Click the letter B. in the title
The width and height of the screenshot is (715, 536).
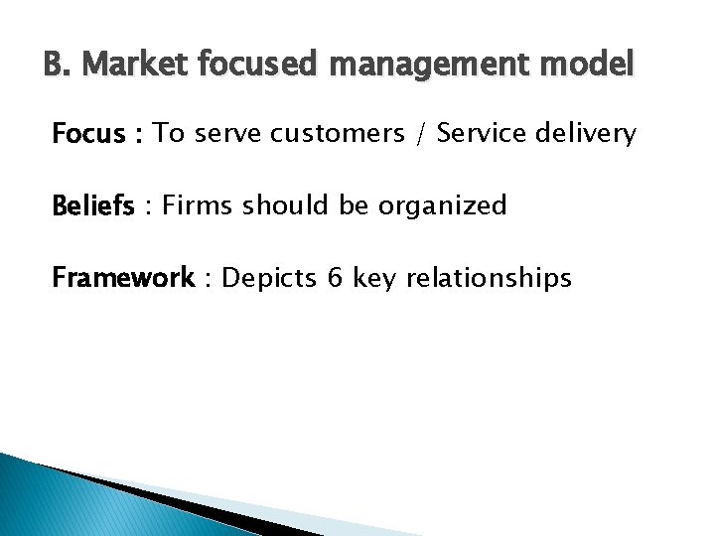coord(57,67)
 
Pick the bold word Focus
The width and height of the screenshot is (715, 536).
coord(89,134)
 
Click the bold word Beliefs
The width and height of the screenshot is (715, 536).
coord(93,206)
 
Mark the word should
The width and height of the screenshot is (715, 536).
coord(276,206)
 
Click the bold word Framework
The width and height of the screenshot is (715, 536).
coord(123,278)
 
